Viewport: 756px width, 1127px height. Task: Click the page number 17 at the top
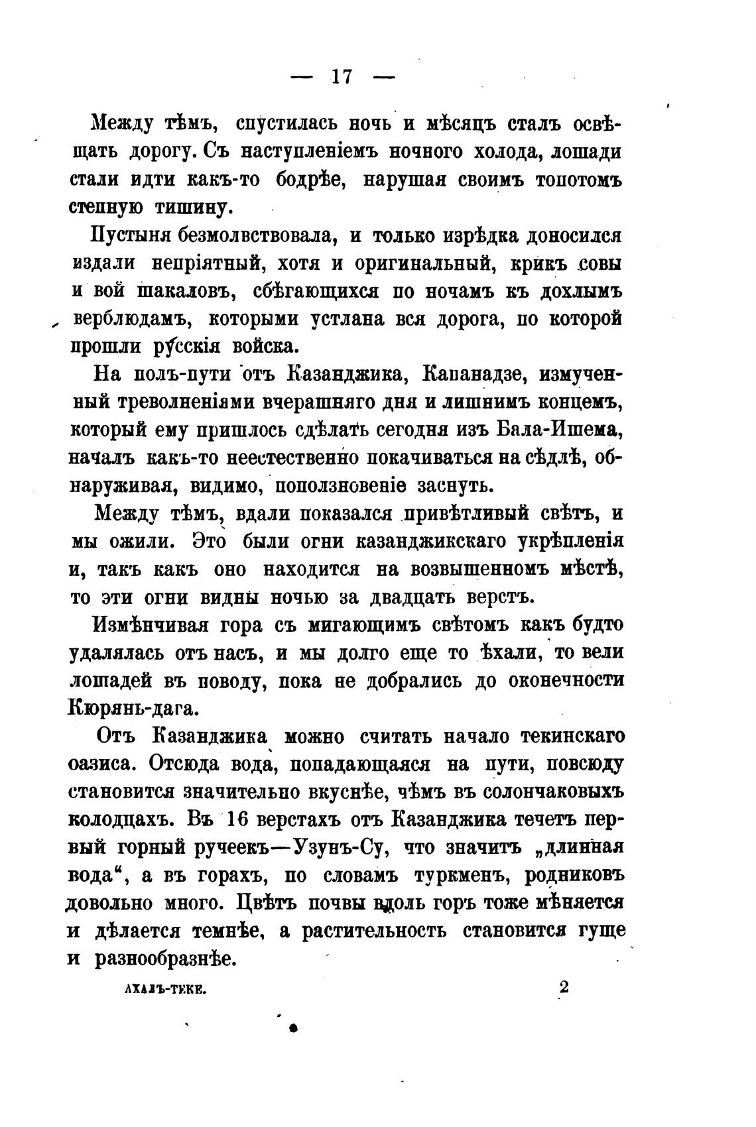pyautogui.click(x=342, y=78)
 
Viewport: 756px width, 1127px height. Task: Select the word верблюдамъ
pyautogui.click(x=131, y=320)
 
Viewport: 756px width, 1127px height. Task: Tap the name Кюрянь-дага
pyautogui.click(x=133, y=709)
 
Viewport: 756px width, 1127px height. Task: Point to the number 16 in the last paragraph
pyautogui.click(x=236, y=819)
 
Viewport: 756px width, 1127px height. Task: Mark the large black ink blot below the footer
pyautogui.click(x=292, y=1028)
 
